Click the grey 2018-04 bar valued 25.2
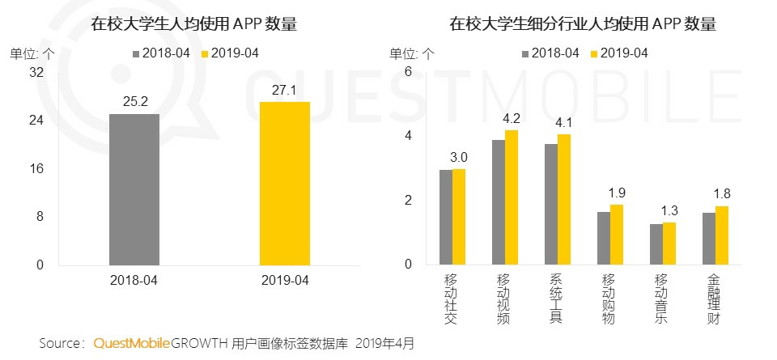pyautogui.click(x=134, y=189)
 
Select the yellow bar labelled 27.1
pyautogui.click(x=284, y=184)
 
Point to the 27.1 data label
pyautogui.click(x=284, y=91)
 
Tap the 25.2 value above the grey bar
pyautogui.click(x=134, y=103)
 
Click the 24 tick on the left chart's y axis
pyautogui.click(x=36, y=121)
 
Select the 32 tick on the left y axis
pyautogui.click(x=36, y=72)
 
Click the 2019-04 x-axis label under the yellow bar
pyautogui.click(x=284, y=280)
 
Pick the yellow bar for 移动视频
pyautogui.click(x=511, y=197)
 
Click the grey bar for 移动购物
pyautogui.click(x=603, y=238)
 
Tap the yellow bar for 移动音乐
pyautogui.click(x=669, y=244)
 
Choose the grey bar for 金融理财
pyautogui.click(x=708, y=239)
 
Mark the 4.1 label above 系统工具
pyautogui.click(x=563, y=124)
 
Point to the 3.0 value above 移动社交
pyautogui.click(x=459, y=158)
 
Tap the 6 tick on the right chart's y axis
pyautogui.click(x=409, y=72)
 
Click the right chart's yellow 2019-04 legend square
pyautogui.click(x=594, y=53)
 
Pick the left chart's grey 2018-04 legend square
pyautogui.click(x=137, y=53)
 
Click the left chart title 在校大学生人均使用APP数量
pyautogui.click(x=194, y=24)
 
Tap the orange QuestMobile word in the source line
pyautogui.click(x=131, y=344)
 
